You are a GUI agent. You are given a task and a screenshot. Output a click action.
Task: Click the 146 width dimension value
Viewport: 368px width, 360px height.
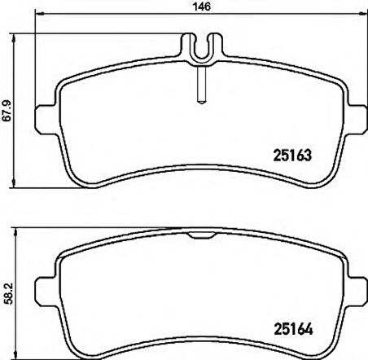point(201,7)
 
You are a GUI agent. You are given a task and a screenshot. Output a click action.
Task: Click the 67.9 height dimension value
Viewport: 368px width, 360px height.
point(7,111)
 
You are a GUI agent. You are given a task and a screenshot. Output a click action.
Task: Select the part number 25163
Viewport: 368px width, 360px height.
point(292,156)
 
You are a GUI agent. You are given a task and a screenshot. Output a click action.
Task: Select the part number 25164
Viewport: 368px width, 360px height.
point(293,329)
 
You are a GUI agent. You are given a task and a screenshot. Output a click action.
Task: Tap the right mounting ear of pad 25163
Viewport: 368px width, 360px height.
point(357,119)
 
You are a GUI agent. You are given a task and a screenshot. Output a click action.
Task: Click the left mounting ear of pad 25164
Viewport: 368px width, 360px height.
point(46,292)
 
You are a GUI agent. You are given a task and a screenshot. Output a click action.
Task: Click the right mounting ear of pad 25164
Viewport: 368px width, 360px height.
point(357,292)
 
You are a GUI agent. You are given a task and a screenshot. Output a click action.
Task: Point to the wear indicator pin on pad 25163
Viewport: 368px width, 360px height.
point(201,85)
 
